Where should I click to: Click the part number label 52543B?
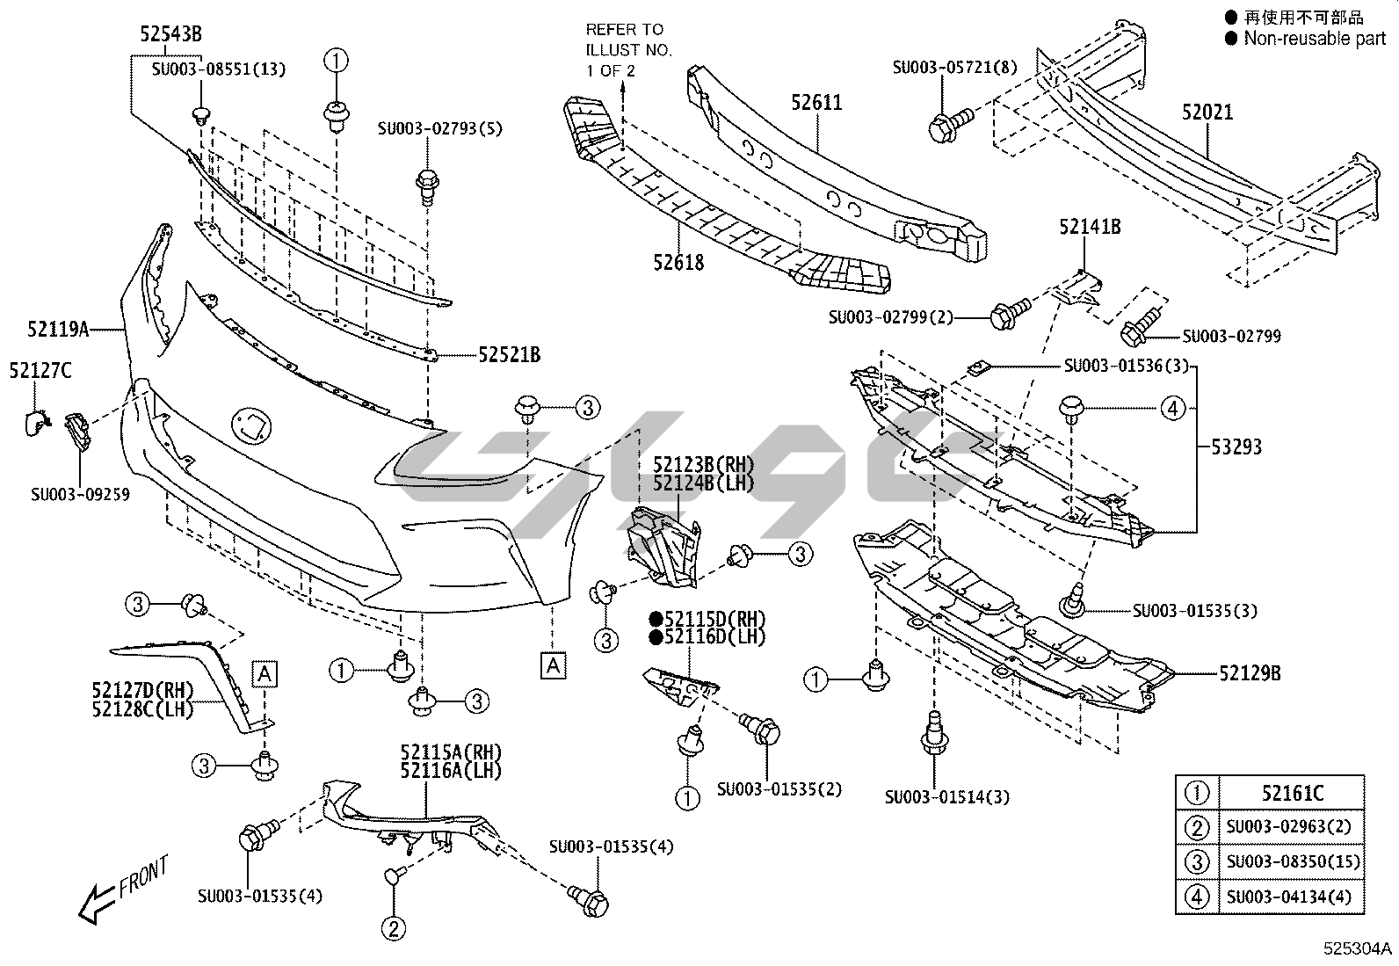coord(170,34)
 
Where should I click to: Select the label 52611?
coord(816,103)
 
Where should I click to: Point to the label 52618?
coord(678,262)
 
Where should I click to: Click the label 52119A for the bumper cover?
coord(58,330)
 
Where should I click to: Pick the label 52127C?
coord(40,371)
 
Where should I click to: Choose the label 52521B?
coord(510,355)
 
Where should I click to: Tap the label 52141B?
coord(1090,227)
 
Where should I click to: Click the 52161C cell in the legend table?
coord(1292,794)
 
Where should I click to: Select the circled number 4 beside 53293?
coord(1172,408)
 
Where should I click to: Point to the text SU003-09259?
coord(80,495)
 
